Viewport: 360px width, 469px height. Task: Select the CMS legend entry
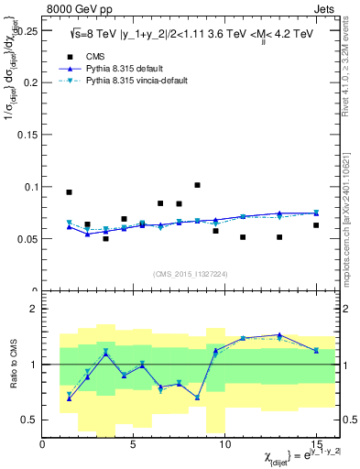click(x=83, y=54)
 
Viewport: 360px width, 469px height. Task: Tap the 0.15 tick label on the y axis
click(x=27, y=134)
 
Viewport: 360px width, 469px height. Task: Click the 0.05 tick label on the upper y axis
click(x=27, y=239)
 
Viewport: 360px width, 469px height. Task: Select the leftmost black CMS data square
click(x=69, y=192)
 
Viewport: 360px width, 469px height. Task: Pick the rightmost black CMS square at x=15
click(x=316, y=225)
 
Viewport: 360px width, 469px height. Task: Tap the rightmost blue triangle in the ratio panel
click(x=316, y=350)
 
